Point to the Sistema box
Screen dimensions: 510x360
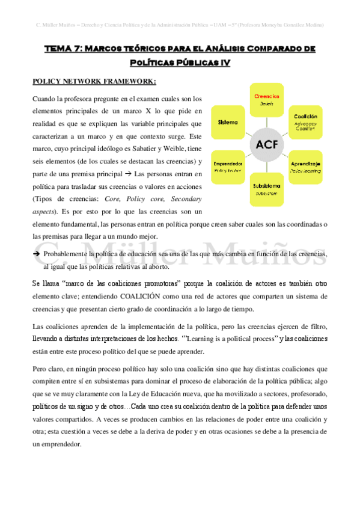pos(228,122)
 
